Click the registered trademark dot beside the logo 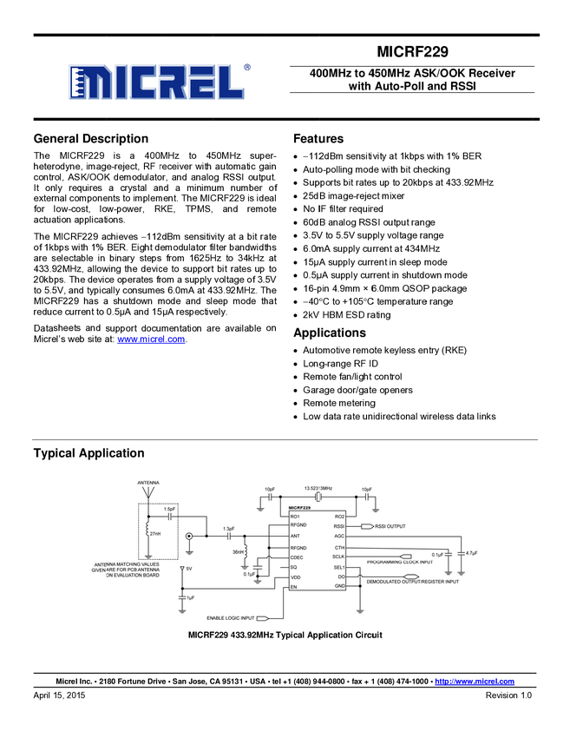[x=246, y=67]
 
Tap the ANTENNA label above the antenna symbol [x=147, y=483]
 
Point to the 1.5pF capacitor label [x=169, y=509]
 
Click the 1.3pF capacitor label [x=228, y=528]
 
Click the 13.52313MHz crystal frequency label [x=318, y=489]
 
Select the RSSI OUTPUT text [x=390, y=526]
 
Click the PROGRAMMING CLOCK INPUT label [x=399, y=562]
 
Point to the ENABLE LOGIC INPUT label [x=232, y=618]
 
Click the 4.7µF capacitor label [x=472, y=553]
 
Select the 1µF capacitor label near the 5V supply [x=190, y=598]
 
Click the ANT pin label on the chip [x=296, y=536]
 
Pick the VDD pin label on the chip [x=296, y=577]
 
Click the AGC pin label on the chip [x=339, y=536]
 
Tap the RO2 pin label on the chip [x=339, y=517]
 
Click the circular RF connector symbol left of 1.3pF [x=189, y=537]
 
